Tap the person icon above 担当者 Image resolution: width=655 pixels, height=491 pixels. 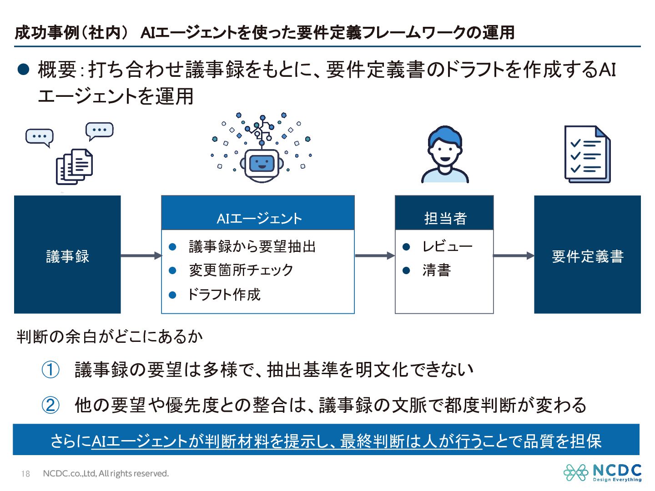point(445,155)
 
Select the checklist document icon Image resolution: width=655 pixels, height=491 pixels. point(587,155)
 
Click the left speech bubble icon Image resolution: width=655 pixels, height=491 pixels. point(40,137)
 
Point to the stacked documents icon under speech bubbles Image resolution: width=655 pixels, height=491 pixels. point(74,166)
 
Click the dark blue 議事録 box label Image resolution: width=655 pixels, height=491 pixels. point(67,256)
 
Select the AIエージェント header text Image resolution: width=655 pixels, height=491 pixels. point(259,219)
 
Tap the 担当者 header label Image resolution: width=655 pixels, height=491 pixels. point(445,219)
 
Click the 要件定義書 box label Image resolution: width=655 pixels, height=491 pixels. point(587,256)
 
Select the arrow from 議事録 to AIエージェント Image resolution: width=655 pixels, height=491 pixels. point(141,256)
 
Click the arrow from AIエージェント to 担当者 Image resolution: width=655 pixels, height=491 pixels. point(374,256)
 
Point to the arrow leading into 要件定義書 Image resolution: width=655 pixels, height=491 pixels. point(514,256)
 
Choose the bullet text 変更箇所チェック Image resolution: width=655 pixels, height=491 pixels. point(241,270)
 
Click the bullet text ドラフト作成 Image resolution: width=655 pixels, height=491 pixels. point(224,295)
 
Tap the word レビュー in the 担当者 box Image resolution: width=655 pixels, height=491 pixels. point(447,246)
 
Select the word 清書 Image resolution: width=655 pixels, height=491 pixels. point(436,271)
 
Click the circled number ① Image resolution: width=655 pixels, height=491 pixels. point(50,370)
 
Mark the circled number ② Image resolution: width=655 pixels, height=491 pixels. point(50,405)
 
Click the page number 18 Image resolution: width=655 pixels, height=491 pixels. point(25,474)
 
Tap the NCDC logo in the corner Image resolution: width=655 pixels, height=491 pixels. point(602,472)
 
